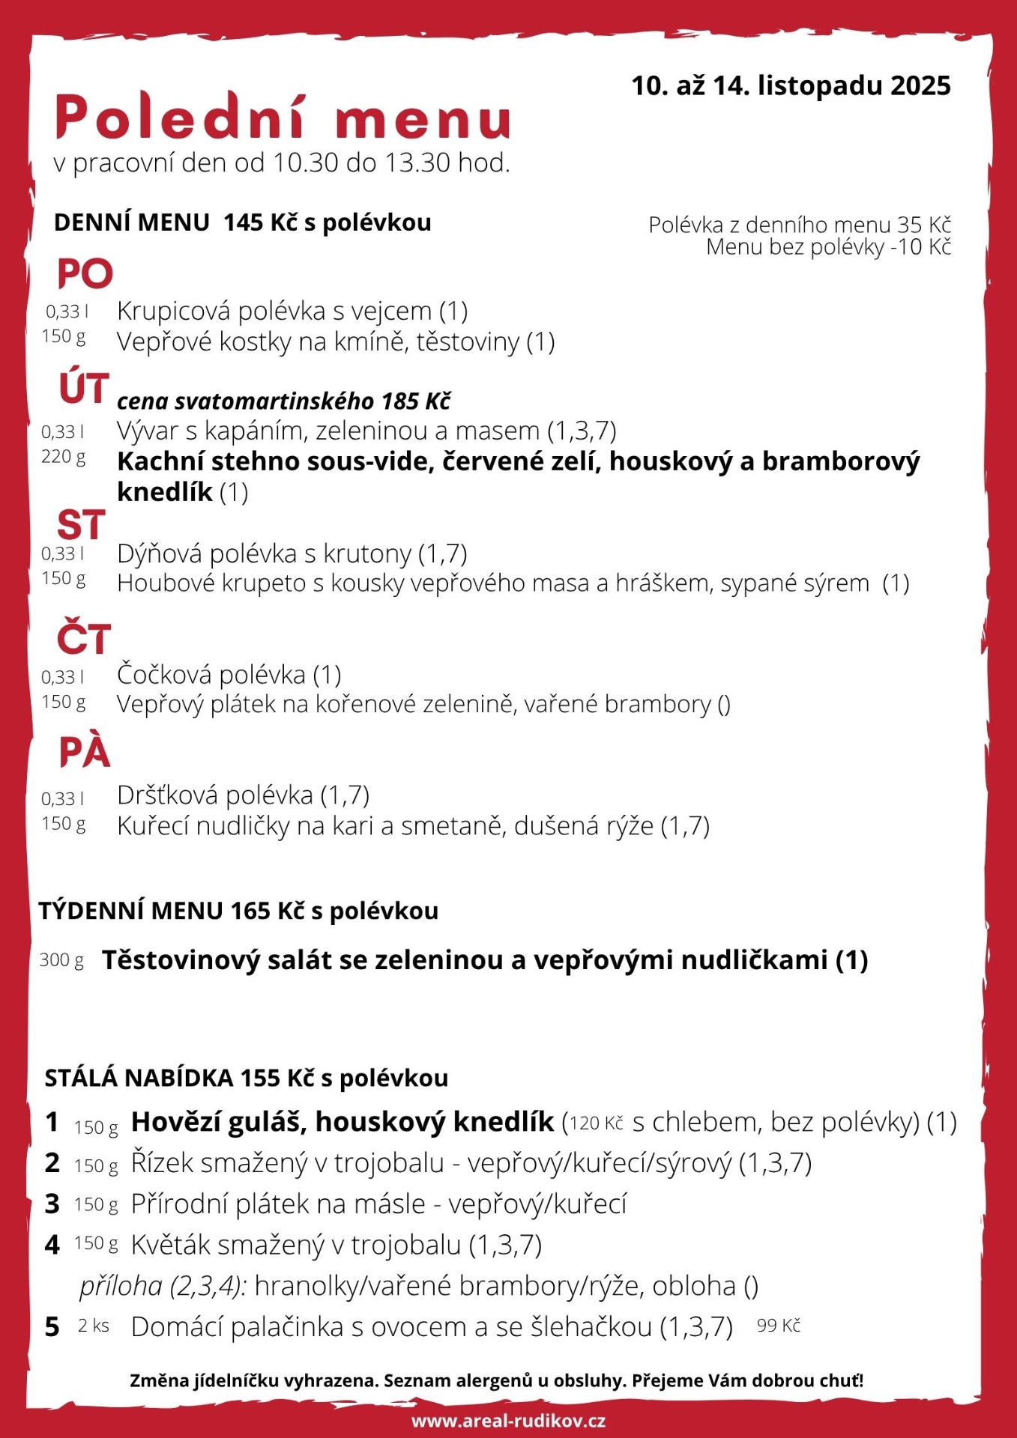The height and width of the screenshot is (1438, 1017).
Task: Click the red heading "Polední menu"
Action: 283,118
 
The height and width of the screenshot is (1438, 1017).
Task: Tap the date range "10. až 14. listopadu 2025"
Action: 791,86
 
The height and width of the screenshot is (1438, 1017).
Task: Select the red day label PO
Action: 85,274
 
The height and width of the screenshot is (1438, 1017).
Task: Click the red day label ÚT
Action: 84,388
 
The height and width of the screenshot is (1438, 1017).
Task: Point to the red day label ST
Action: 81,525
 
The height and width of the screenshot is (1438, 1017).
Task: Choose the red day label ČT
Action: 84,639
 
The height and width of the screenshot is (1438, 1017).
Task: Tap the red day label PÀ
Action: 85,752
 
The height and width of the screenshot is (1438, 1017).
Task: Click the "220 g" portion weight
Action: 64,457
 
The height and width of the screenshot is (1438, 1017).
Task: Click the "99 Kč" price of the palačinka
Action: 778,1326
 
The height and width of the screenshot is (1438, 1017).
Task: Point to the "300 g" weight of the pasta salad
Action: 61,960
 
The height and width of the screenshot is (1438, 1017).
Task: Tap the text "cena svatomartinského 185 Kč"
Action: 283,401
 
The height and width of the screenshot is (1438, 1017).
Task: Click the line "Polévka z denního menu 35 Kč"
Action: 799,225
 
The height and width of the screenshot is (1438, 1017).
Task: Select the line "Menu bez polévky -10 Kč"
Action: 827,247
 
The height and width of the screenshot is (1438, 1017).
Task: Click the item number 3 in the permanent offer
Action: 52,1204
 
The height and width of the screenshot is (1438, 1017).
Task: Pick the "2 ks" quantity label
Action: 94,1326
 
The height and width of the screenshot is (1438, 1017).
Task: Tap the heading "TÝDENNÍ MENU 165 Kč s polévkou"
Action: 238,911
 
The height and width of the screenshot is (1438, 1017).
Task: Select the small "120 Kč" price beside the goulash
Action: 597,1123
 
